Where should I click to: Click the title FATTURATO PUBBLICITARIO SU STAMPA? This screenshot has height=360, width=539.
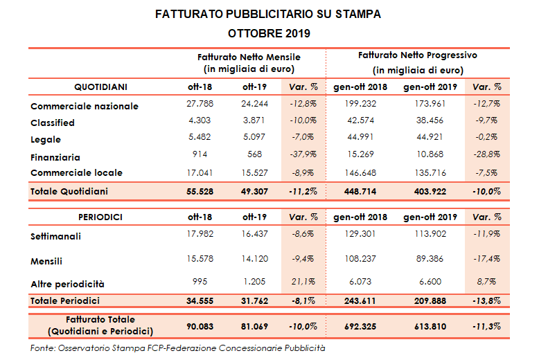tap(269, 14)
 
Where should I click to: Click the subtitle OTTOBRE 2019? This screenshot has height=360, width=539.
tap(269, 33)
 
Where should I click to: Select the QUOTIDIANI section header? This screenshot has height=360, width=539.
tap(100, 87)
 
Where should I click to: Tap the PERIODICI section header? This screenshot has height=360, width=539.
tap(100, 217)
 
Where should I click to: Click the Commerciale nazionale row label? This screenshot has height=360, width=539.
tap(85, 106)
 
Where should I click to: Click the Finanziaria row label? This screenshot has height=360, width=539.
tap(55, 157)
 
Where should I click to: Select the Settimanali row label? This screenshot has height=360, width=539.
tap(55, 236)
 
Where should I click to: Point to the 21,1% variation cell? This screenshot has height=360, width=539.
tap(306, 282)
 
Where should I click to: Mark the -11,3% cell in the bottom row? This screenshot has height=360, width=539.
tap(485, 325)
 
